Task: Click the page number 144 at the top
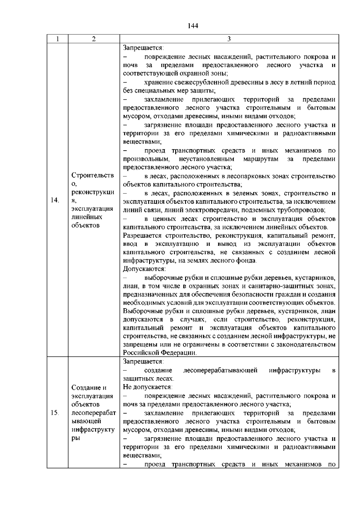193,26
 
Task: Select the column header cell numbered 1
57,39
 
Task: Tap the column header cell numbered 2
94,39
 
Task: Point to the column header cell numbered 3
229,39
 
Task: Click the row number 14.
55,200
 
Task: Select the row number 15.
55,413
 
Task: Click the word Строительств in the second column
93,175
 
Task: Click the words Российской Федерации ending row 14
160,353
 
